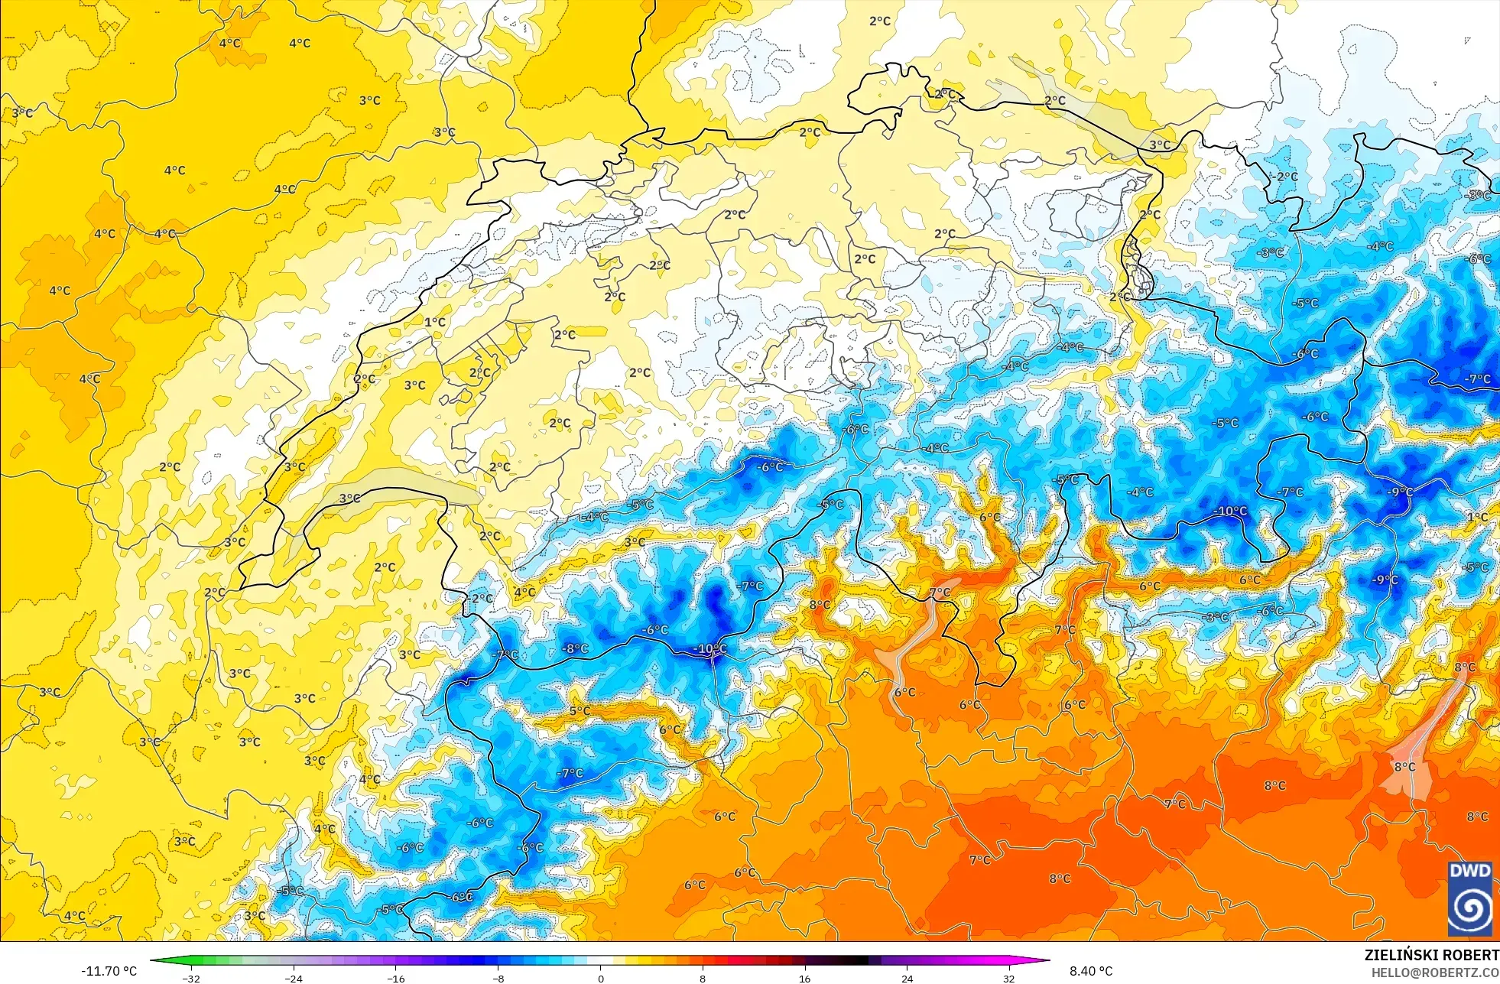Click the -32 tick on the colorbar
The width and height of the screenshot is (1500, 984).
pos(191,978)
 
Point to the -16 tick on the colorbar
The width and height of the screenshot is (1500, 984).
pos(396,978)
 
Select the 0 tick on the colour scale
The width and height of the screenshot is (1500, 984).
pos(600,978)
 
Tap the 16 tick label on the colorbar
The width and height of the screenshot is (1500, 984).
pos(804,978)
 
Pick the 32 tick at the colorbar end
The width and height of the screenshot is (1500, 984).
pos(1009,978)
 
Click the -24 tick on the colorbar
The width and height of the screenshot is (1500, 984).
pos(294,978)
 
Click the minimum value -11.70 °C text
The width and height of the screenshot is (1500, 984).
pos(109,971)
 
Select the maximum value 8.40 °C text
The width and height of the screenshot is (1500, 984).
pos(1091,971)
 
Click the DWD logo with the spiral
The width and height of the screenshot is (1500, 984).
pos(1469,898)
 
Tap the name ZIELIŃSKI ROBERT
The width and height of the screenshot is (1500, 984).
pos(1431,955)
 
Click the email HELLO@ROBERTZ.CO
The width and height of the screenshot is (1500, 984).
pos(1434,973)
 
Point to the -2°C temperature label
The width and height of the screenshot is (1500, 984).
pos(1287,177)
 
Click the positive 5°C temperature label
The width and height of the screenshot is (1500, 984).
pos(579,710)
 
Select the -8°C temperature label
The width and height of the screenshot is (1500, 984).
pos(576,648)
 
